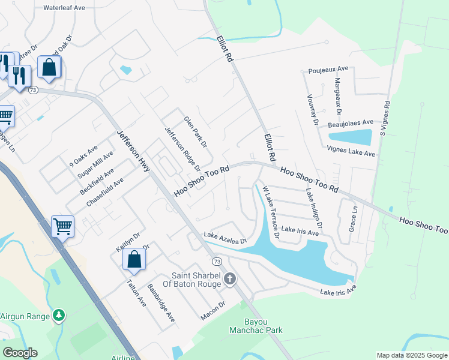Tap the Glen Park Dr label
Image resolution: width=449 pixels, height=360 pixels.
click(x=195, y=132)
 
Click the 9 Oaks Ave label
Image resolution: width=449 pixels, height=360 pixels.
click(x=83, y=155)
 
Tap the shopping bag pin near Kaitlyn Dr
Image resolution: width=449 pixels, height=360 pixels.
click(x=134, y=260)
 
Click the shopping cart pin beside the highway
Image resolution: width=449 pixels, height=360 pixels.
click(x=62, y=227)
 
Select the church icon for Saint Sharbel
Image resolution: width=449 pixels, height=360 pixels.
click(x=230, y=278)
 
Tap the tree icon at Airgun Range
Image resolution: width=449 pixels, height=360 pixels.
click(x=58, y=315)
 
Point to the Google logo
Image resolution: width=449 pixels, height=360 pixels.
click(x=20, y=353)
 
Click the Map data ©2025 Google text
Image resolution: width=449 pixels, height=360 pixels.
click(x=412, y=355)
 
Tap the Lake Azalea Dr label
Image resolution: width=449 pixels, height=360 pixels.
click(x=225, y=238)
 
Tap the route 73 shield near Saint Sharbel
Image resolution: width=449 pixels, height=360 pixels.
click(x=217, y=262)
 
